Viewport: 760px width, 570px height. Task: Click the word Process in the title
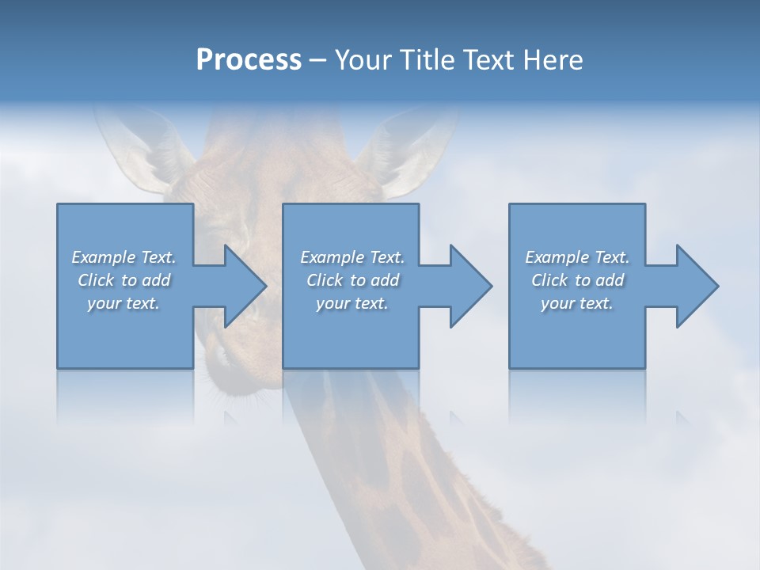point(249,60)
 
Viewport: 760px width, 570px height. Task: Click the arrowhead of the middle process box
point(469,286)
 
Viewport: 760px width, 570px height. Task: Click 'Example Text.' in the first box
point(123,257)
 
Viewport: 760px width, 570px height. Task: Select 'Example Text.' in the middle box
point(352,257)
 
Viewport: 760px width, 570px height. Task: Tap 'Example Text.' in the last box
point(577,257)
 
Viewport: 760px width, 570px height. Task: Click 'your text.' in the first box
point(123,303)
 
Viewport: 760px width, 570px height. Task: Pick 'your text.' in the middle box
point(352,303)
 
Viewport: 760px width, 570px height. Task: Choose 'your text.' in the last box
point(577,303)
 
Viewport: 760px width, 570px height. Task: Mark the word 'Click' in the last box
point(549,280)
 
